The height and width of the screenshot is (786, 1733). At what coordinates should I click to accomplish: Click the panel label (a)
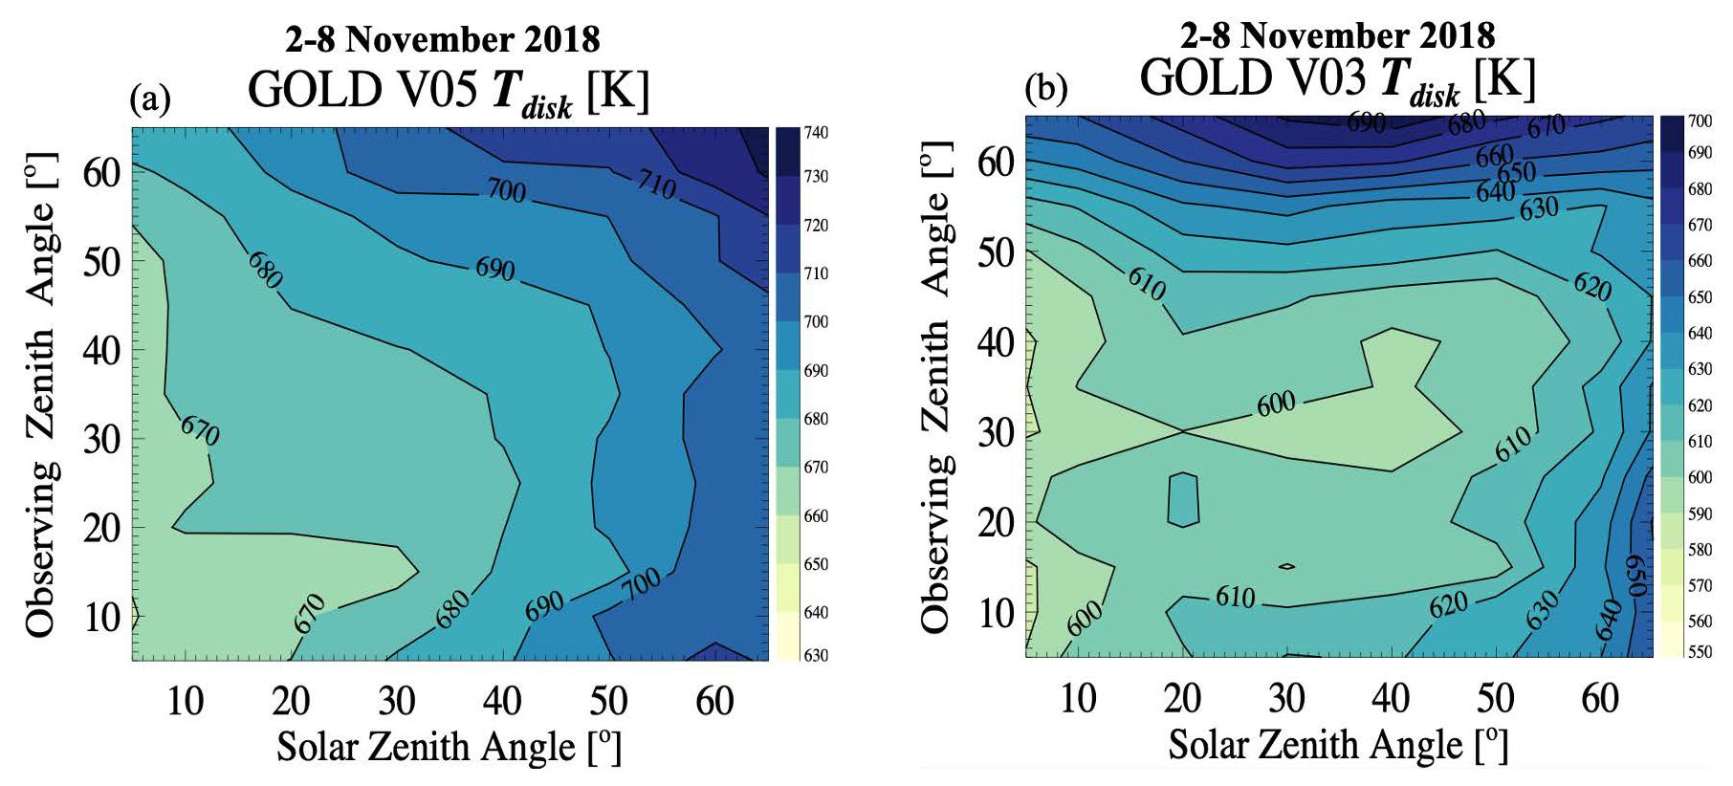150,98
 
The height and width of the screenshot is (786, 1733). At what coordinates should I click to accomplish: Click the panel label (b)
1045,89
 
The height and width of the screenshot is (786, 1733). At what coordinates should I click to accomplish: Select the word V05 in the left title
430,91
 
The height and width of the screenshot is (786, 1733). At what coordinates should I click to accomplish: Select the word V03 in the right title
1323,78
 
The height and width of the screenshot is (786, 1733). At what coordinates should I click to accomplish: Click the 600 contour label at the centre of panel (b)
1276,404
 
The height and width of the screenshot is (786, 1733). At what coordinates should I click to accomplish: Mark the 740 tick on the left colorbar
816,133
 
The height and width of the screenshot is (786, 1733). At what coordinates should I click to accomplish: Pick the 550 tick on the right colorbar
1700,652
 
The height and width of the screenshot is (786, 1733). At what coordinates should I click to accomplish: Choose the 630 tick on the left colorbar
816,656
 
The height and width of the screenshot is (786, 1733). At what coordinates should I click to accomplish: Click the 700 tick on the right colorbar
1700,121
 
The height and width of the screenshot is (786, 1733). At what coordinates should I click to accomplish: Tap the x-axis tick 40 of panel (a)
502,702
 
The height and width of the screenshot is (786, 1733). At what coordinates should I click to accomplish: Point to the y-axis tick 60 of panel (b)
995,163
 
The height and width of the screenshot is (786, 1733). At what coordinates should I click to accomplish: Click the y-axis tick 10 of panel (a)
102,617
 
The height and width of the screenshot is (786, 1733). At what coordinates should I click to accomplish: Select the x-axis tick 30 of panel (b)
1286,699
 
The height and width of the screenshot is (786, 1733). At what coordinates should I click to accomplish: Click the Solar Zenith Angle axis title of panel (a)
450,747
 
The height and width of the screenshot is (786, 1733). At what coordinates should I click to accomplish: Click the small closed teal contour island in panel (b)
1183,498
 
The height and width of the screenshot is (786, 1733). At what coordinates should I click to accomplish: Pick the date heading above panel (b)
1337,35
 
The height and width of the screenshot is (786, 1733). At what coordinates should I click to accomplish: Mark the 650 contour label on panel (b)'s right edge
1635,576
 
